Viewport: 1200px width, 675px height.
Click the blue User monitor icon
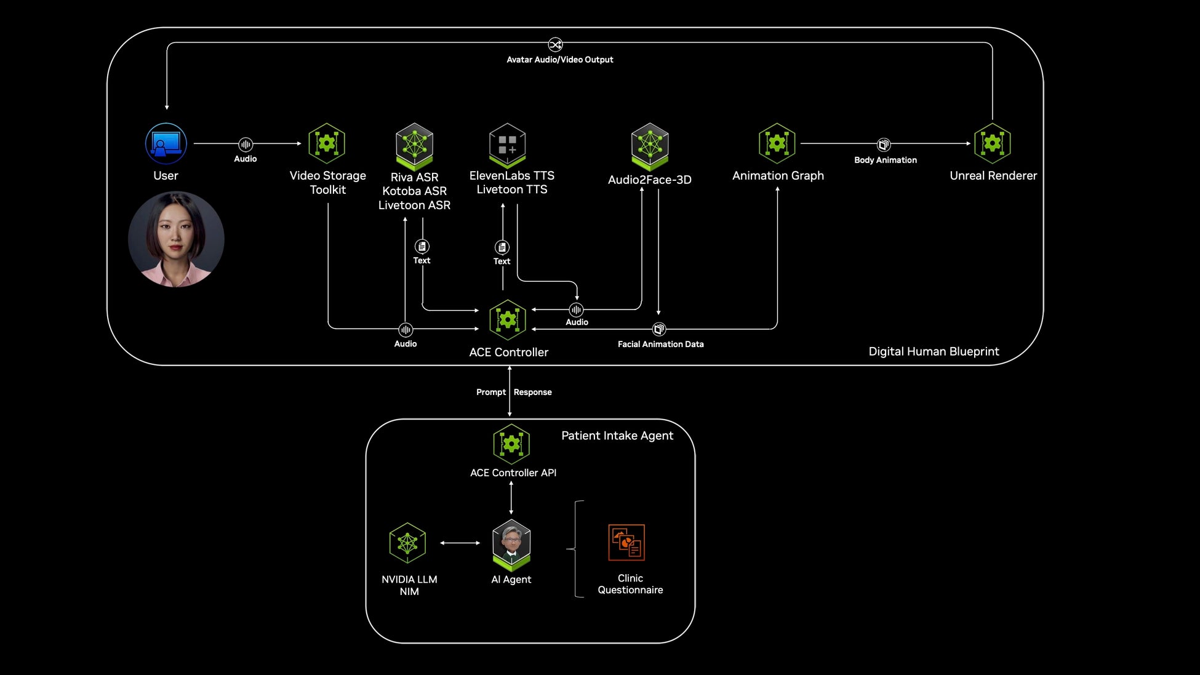click(166, 143)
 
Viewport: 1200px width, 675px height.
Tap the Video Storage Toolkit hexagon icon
click(327, 143)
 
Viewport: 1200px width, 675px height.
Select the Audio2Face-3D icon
click(650, 146)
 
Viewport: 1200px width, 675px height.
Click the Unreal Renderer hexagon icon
click(993, 143)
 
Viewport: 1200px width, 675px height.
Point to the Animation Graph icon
click(777, 143)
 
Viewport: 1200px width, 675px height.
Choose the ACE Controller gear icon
click(508, 320)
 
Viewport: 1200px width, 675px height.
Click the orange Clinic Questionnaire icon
click(626, 542)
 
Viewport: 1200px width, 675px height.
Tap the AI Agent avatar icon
click(511, 543)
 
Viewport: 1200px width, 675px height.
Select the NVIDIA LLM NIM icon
click(408, 543)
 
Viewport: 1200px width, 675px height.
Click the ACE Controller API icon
click(511, 444)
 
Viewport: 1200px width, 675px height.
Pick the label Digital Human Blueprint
click(934, 351)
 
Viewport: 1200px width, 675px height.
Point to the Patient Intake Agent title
click(617, 436)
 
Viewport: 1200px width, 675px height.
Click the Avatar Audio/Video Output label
click(559, 60)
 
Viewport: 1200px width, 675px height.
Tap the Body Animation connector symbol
click(884, 145)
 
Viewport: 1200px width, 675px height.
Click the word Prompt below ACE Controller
click(490, 392)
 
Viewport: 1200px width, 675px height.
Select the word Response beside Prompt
click(533, 392)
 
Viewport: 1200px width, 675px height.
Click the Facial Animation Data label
click(660, 344)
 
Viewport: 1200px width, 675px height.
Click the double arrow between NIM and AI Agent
click(460, 543)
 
